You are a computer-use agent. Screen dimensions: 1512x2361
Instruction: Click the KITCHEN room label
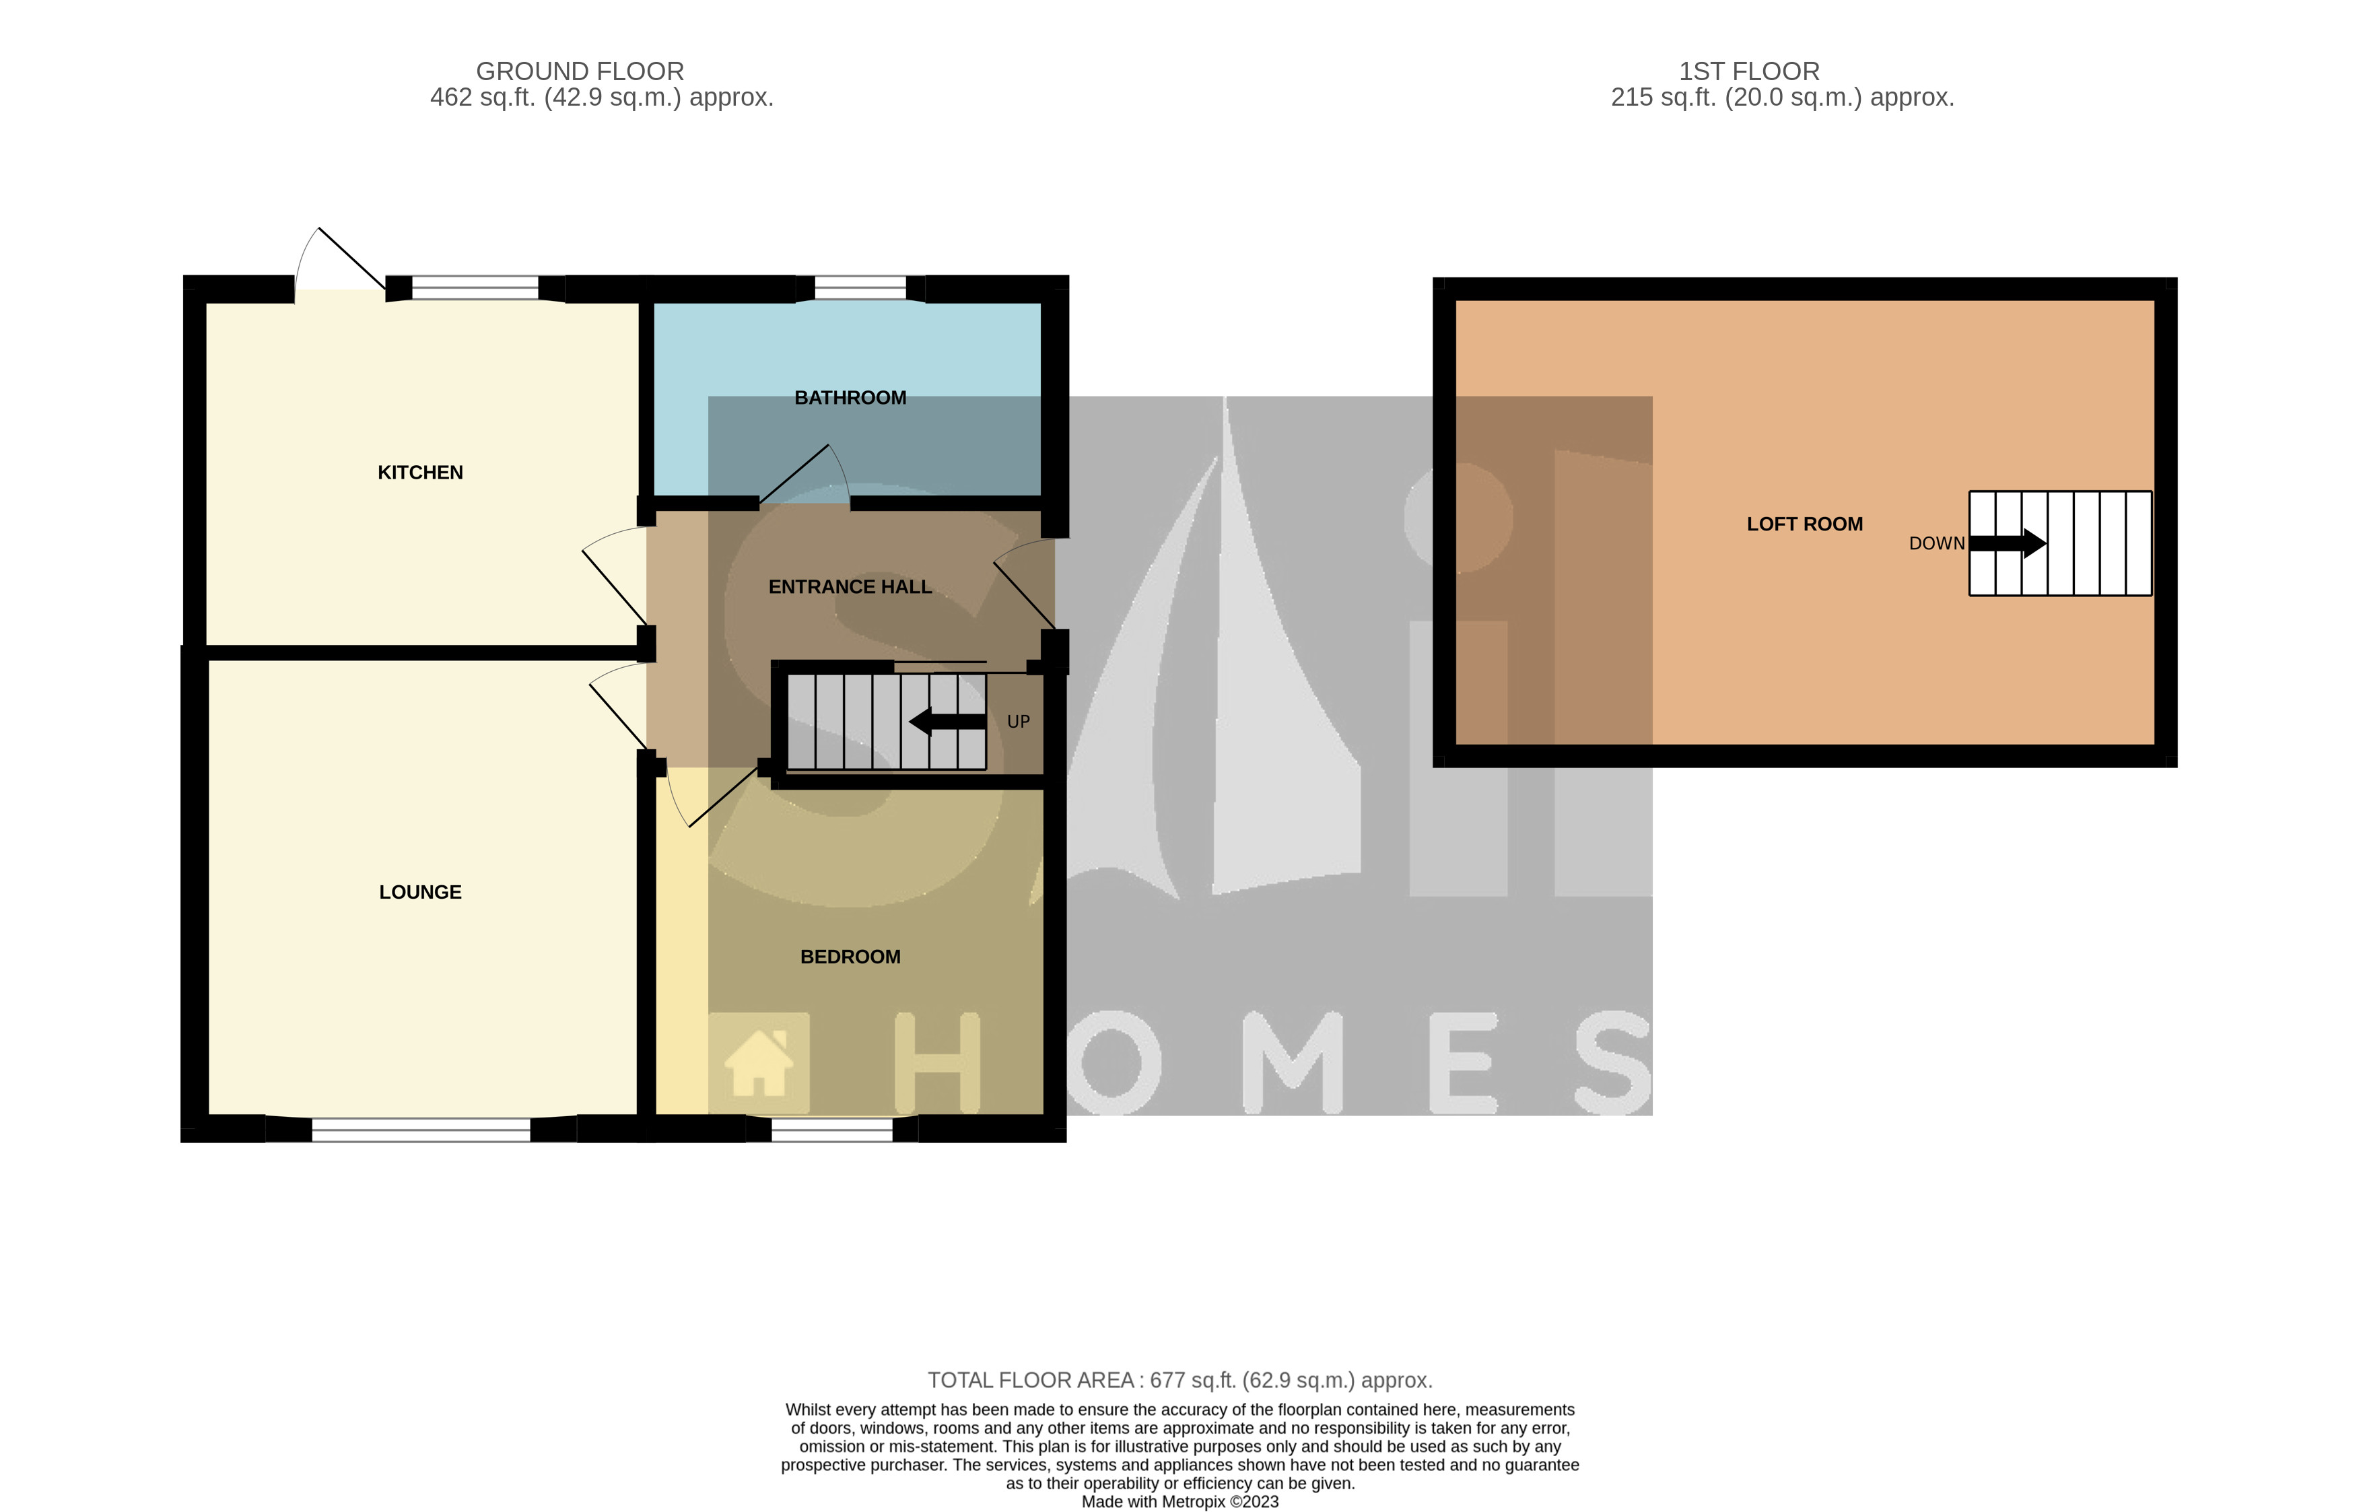tap(420, 473)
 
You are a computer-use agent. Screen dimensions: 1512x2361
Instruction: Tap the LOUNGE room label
tap(420, 891)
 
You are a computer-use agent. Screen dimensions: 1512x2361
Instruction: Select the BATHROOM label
tap(850, 398)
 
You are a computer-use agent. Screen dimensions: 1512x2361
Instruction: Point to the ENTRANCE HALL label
tap(850, 587)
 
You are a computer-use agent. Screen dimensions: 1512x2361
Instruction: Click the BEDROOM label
tap(850, 957)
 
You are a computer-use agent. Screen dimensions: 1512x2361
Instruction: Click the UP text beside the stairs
tap(1018, 722)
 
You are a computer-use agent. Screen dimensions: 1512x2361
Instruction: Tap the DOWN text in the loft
tap(1936, 544)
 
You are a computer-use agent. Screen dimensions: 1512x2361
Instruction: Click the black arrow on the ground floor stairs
tap(947, 722)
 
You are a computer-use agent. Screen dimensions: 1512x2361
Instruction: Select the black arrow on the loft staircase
tap(2008, 543)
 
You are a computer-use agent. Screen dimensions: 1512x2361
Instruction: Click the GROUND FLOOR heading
tap(580, 71)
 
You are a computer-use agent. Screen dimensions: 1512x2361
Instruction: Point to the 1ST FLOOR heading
tap(1748, 71)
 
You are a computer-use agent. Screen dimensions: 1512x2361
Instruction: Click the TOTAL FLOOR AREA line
tap(1180, 1381)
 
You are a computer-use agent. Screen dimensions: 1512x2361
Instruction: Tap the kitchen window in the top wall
tap(475, 287)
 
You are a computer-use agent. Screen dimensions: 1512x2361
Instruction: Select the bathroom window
tap(860, 287)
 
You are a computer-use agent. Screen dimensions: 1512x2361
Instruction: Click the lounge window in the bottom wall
tap(421, 1130)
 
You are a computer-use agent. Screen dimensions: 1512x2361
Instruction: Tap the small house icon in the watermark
tap(758, 1062)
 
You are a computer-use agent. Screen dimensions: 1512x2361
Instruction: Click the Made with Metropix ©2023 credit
tap(1180, 1501)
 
